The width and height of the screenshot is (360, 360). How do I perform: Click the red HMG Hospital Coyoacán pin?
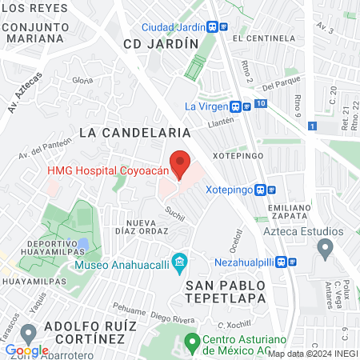[182, 163]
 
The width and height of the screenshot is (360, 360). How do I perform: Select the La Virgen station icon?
[236, 106]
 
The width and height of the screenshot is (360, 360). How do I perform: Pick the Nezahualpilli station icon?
[293, 261]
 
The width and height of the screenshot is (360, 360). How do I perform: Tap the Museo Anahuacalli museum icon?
[180, 262]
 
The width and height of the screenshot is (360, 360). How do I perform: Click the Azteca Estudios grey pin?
[325, 249]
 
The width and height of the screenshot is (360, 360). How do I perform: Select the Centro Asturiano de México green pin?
[191, 340]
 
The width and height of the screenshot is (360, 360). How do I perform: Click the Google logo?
[26, 350]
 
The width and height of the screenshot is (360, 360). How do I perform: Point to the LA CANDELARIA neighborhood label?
[134, 130]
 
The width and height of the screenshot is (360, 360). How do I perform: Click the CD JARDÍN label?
[159, 45]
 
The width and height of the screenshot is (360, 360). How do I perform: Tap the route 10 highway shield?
[262, 104]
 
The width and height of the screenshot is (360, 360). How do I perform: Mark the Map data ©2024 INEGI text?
[312, 354]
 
